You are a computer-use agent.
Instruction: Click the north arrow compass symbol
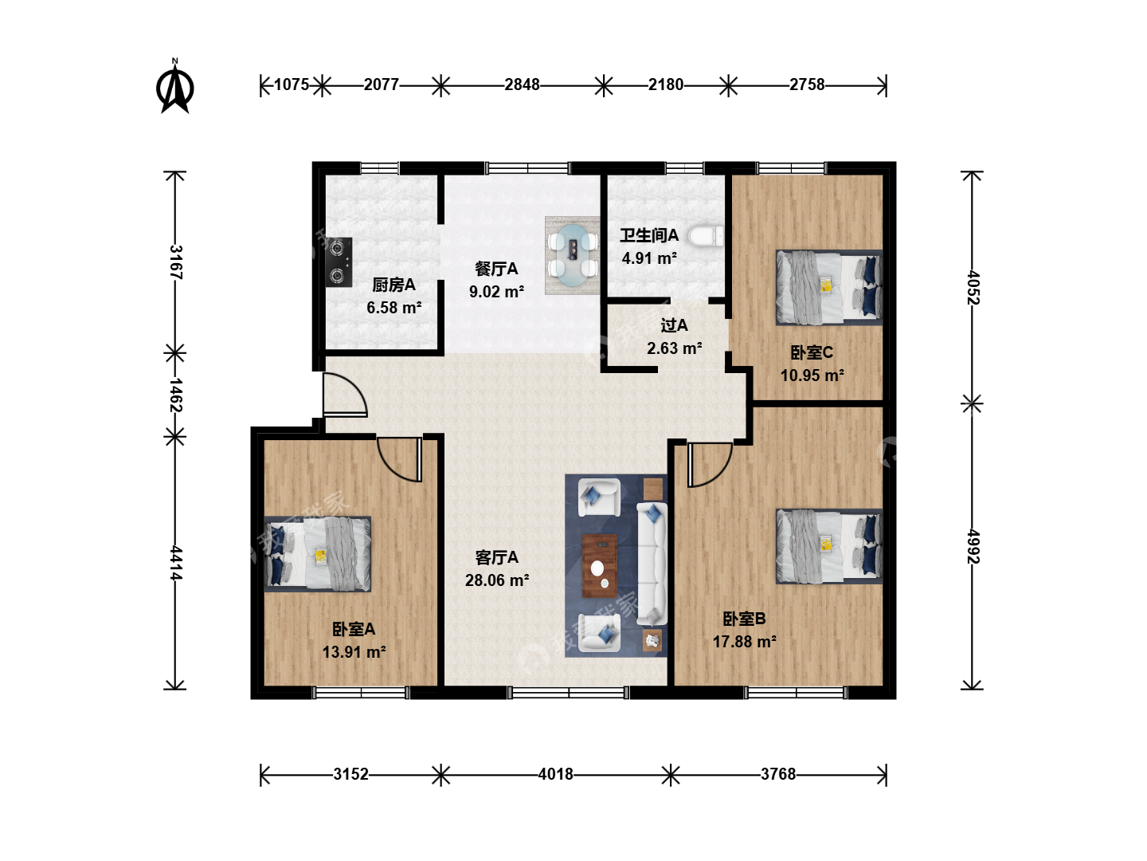tap(175, 87)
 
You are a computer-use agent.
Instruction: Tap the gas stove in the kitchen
tap(339, 262)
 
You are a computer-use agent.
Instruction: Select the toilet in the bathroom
tap(706, 236)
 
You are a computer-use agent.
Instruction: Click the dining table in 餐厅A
tap(572, 256)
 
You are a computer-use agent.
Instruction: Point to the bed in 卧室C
tap(828, 288)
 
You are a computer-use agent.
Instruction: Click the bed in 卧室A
tap(318, 554)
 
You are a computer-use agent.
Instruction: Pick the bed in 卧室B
tap(828, 546)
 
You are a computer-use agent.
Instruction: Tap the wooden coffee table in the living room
tap(600, 566)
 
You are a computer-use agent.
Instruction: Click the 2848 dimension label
tap(522, 85)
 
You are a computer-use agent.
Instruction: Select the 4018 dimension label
tap(555, 773)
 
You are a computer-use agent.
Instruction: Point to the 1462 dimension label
tap(175, 395)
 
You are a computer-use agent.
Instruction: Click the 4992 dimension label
tap(973, 546)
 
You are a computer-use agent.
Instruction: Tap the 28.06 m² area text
tap(497, 580)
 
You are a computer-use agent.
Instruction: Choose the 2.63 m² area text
tap(674, 348)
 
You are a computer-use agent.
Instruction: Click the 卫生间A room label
tap(649, 235)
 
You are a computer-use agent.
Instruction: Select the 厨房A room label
tap(393, 285)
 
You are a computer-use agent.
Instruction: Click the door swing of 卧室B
tap(711, 465)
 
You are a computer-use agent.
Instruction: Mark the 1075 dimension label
tap(291, 85)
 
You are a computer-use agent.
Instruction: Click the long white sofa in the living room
tap(652, 564)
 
